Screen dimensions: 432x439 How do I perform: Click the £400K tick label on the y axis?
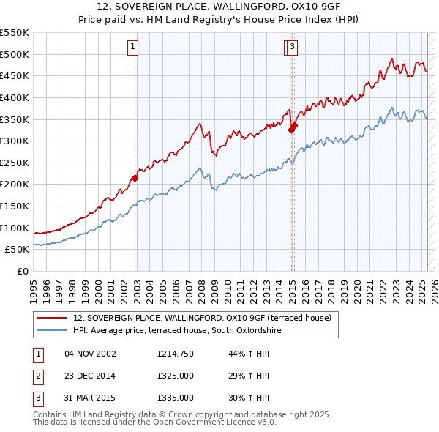coord(15,97)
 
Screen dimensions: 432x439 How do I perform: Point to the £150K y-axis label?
coord(15,206)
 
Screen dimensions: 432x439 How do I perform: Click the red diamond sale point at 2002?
coord(135,178)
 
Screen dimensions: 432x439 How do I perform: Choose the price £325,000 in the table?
coord(175,376)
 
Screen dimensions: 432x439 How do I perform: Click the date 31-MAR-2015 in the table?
coord(90,398)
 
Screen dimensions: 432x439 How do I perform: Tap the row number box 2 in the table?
coord(38,376)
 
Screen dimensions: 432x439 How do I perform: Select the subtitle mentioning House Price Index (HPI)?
coord(219,20)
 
